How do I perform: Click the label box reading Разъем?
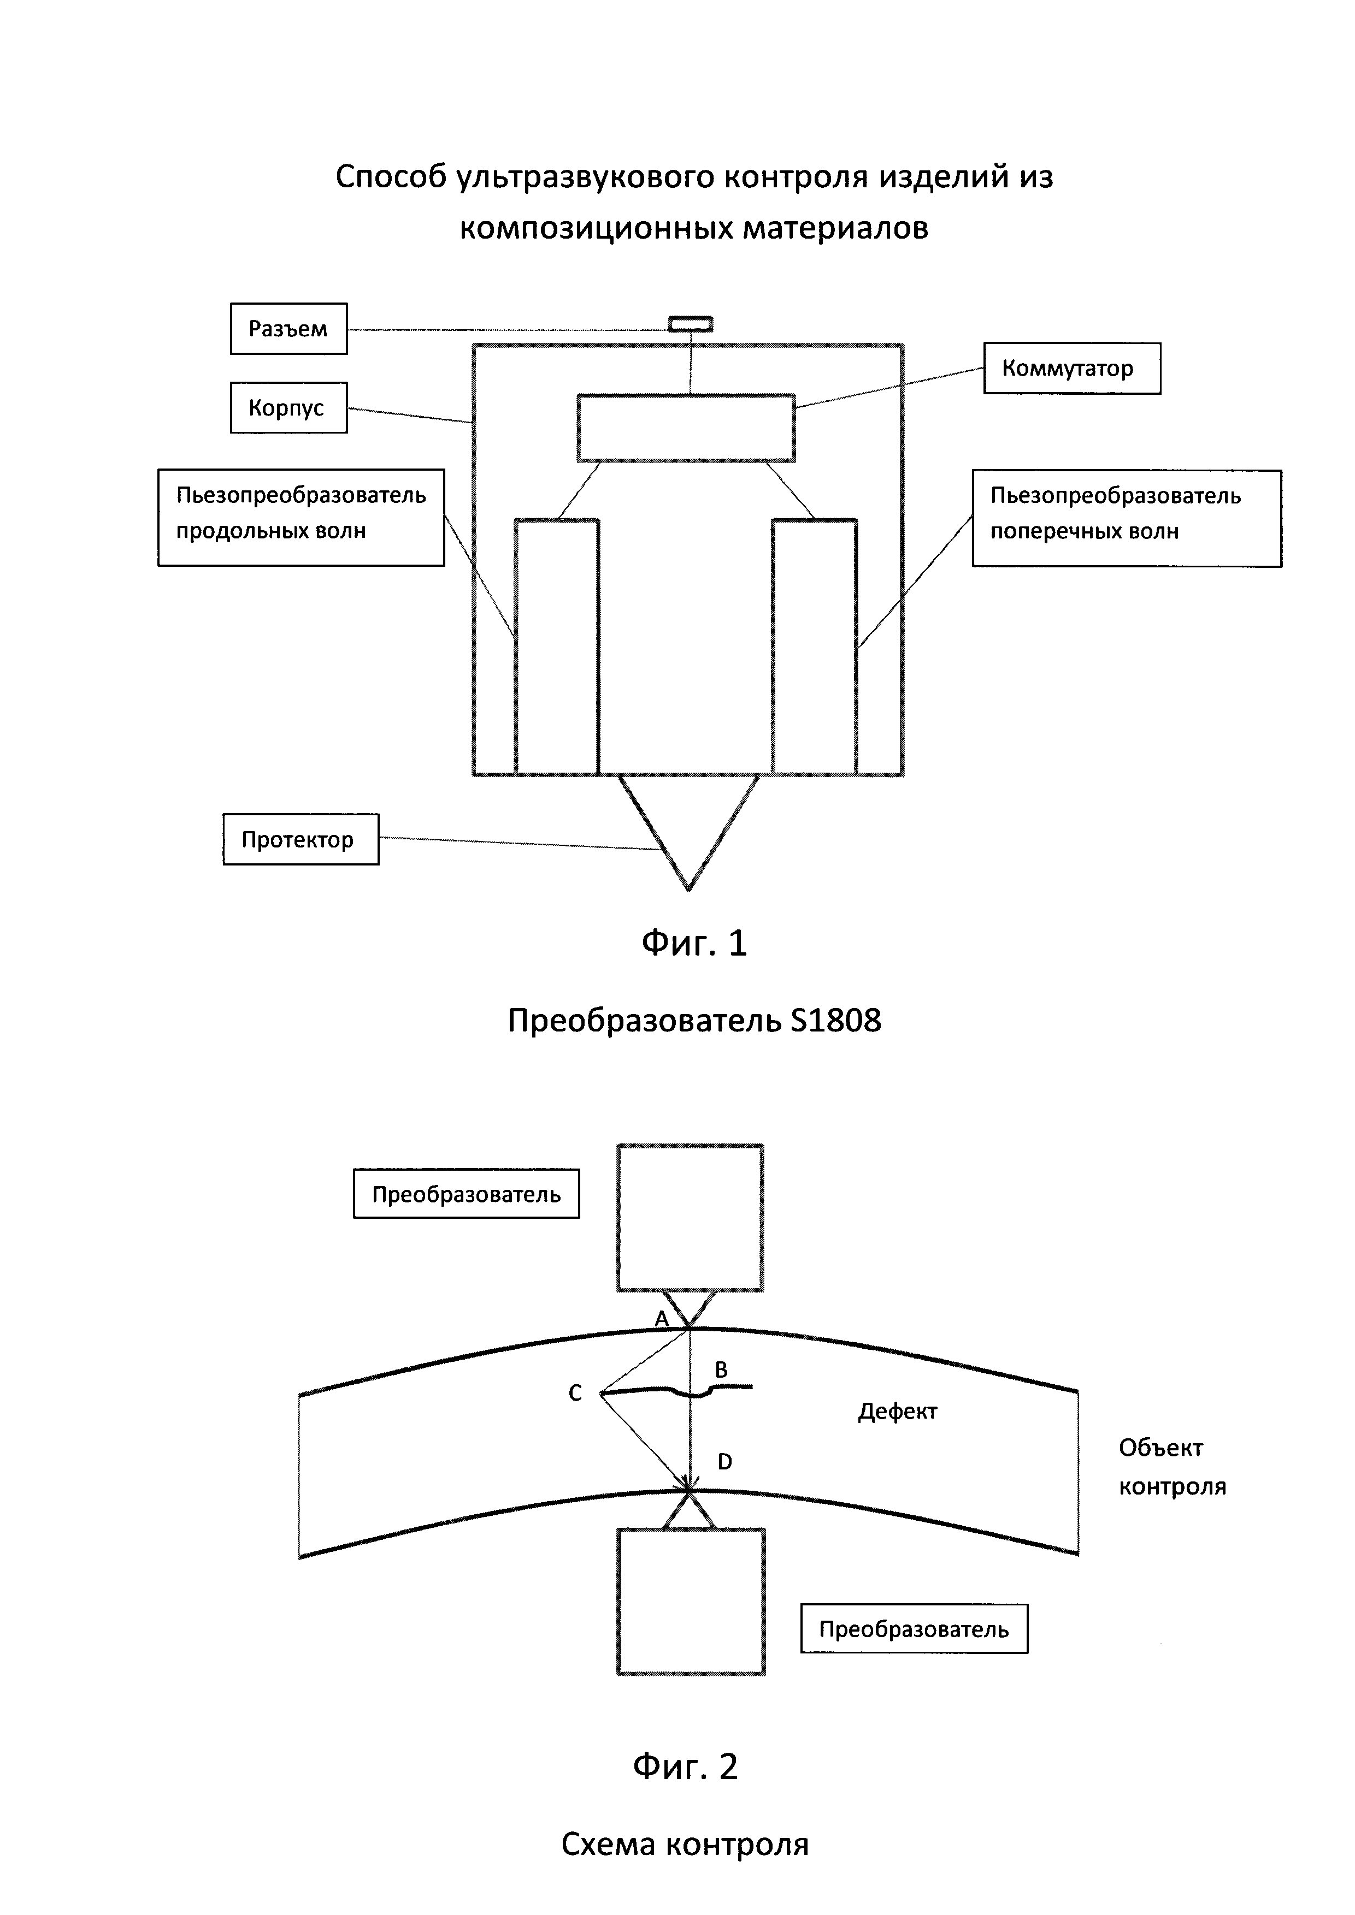tap(288, 329)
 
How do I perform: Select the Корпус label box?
tap(288, 408)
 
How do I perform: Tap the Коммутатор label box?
tap(1071, 369)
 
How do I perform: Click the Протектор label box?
tap(301, 839)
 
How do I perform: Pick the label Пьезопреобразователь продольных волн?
tap(301, 517)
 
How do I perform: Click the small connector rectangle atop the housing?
tap(691, 324)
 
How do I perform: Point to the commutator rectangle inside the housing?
tap(686, 428)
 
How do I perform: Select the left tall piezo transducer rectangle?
tap(557, 647)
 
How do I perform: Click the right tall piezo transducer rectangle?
tap(814, 647)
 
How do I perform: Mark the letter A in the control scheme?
tap(662, 1319)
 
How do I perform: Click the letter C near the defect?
tap(575, 1393)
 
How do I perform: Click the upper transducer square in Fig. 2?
tap(690, 1218)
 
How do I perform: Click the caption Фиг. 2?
tap(685, 1766)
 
